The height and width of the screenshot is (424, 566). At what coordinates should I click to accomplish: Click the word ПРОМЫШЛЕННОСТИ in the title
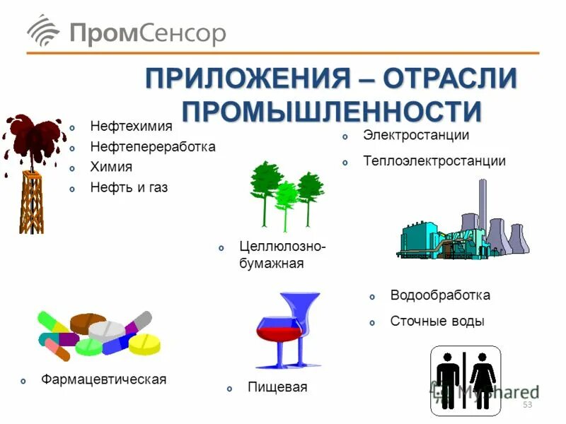click(x=331, y=111)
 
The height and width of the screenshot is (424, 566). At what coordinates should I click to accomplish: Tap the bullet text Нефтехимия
click(x=131, y=126)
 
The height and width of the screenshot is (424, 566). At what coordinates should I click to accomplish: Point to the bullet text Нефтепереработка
click(x=152, y=147)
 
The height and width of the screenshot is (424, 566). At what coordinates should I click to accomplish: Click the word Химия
click(x=111, y=167)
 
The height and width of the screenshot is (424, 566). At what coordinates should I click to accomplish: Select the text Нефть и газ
click(x=129, y=188)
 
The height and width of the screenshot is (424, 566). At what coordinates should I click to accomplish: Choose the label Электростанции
click(x=416, y=134)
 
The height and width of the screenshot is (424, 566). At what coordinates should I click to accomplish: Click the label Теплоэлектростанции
click(x=434, y=160)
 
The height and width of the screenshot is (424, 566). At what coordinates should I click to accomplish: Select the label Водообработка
click(x=440, y=295)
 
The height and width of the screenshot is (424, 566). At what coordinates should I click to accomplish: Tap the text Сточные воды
click(x=437, y=321)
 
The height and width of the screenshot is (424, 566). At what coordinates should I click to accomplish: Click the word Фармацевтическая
click(x=103, y=379)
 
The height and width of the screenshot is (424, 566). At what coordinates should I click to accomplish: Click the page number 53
click(x=526, y=404)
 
